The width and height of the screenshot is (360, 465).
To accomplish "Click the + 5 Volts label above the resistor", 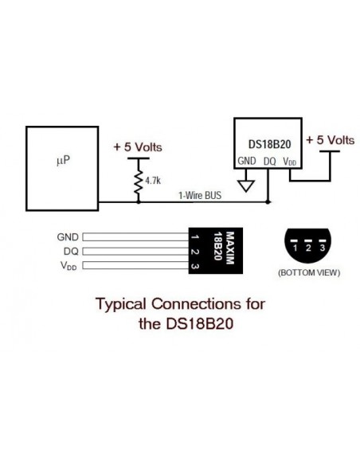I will pos(139,147).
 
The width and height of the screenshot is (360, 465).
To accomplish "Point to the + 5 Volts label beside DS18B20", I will pos(330,140).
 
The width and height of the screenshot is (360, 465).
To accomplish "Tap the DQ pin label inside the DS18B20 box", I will pos(270,162).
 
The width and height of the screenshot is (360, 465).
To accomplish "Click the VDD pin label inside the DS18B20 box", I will pos(291,162).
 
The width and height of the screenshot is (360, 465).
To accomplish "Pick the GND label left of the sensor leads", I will pos(68,237).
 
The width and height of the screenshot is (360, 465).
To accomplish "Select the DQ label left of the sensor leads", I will pos(71,252).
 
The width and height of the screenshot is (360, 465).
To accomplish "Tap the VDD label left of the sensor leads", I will pos(69,266).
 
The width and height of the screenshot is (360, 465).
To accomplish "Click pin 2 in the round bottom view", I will pos(309,248).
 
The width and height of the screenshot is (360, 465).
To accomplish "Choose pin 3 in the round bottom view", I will pos(323,248).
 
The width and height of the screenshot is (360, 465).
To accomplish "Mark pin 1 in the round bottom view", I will pos(295,248).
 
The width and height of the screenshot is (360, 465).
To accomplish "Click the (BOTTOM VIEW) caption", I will pos(308,273).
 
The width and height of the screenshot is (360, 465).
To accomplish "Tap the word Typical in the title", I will pos(123,304).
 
